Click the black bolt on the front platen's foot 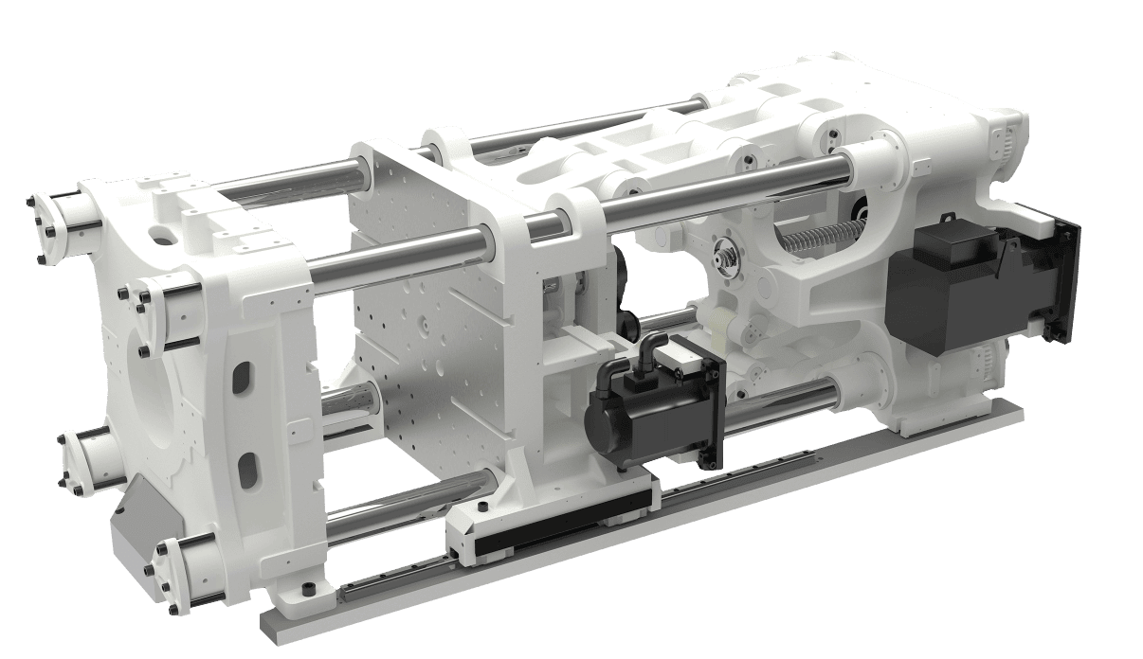point(306,589)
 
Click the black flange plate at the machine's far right point(1067,284)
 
